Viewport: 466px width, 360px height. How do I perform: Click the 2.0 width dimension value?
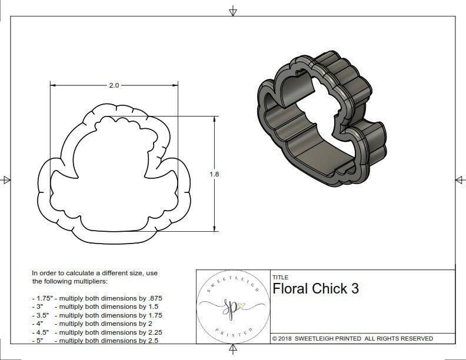pyautogui.click(x=114, y=85)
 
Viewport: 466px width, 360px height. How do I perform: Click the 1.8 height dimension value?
pyautogui.click(x=214, y=174)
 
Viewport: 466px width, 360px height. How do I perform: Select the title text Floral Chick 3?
pyautogui.click(x=315, y=289)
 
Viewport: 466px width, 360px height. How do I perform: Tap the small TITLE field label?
pyautogui.click(x=279, y=277)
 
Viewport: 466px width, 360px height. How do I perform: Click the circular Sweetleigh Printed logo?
pyautogui.click(x=232, y=306)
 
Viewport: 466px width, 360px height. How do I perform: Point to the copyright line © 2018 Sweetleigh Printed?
pyautogui.click(x=352, y=338)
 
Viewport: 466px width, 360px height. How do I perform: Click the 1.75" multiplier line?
pyautogui.click(x=97, y=298)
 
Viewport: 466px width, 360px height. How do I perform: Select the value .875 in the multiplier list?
pyautogui.click(x=154, y=298)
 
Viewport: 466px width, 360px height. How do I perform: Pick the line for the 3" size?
pyautogui.click(x=94, y=306)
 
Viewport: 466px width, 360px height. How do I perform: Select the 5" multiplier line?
pyautogui.click(x=94, y=340)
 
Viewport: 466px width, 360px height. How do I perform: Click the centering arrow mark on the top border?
pyautogui.click(x=233, y=11)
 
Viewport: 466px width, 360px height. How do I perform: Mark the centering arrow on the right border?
pyautogui.click(x=459, y=180)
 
